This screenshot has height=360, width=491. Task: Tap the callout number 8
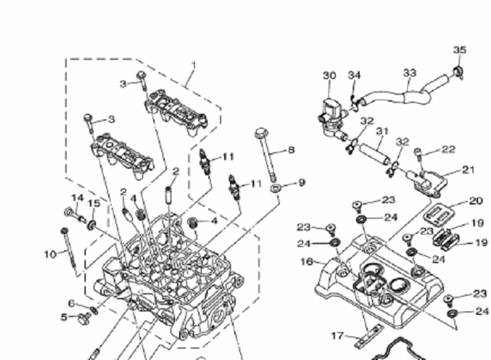(x=291, y=149)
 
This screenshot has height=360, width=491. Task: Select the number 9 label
(x=302, y=183)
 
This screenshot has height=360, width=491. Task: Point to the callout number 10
(x=48, y=253)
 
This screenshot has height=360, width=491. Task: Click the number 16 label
(x=307, y=262)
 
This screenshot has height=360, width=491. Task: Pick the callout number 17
(x=337, y=335)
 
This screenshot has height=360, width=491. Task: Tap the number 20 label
(x=476, y=201)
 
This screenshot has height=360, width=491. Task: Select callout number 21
(x=469, y=169)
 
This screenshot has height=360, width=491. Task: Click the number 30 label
(x=330, y=75)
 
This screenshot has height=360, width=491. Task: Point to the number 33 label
(x=410, y=72)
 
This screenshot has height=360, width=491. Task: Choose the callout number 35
(x=459, y=50)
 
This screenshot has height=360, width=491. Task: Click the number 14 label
(x=77, y=198)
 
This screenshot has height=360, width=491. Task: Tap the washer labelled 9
(x=278, y=187)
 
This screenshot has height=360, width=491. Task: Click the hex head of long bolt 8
(x=262, y=133)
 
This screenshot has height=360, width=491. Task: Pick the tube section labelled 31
(x=373, y=149)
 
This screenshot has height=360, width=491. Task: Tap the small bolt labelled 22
(x=419, y=156)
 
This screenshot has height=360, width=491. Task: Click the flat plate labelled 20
(x=441, y=213)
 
